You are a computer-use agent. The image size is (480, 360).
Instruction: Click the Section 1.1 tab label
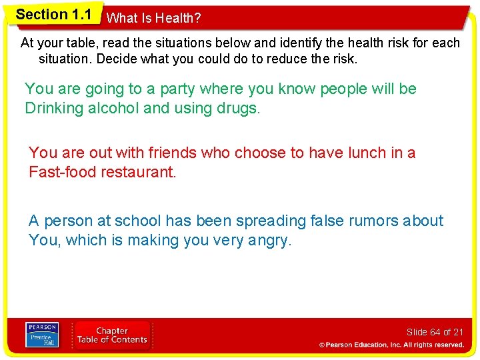53,15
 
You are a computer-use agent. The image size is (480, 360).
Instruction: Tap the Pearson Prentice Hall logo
42,334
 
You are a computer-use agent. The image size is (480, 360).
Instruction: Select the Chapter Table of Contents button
112,335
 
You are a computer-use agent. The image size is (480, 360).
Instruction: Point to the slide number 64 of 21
435,332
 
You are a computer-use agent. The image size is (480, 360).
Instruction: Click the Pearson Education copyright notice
391,345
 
